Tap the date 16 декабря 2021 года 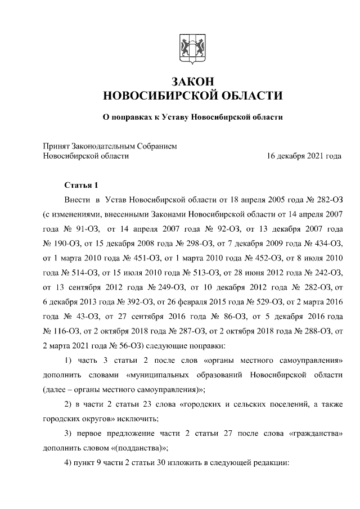pyautogui.click(x=304, y=156)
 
